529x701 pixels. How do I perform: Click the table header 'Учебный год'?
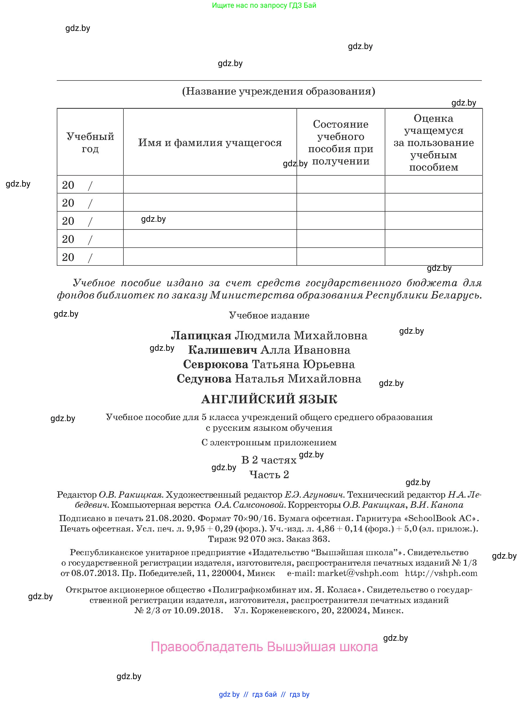point(90,142)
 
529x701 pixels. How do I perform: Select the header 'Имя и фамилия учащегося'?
point(210,143)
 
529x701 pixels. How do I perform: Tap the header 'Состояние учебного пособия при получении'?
point(340,142)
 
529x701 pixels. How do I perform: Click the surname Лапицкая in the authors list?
point(201,335)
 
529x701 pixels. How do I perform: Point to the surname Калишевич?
point(222,350)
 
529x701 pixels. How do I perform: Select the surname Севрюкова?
point(215,364)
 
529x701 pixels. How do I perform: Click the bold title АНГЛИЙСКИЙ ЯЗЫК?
point(269,399)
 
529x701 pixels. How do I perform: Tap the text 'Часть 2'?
point(269,475)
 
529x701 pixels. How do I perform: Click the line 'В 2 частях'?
point(269,460)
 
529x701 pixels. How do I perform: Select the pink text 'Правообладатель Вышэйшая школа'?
point(264,646)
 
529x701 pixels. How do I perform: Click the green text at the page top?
point(264,5)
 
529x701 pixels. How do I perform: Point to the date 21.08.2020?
point(170,518)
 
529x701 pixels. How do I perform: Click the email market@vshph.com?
point(358,573)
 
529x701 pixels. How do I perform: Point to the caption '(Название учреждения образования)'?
point(279,91)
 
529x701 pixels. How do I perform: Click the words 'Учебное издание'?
point(269,315)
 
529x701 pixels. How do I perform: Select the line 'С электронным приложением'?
point(269,442)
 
